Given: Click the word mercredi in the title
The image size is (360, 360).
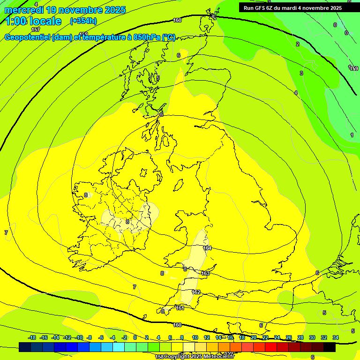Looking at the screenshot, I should [x=24, y=9].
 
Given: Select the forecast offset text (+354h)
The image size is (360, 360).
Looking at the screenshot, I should [x=83, y=21].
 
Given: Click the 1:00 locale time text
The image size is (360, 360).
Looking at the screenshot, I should [x=33, y=21].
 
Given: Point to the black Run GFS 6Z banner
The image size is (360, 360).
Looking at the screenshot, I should [x=299, y=7].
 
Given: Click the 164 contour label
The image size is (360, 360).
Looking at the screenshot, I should [x=207, y=248].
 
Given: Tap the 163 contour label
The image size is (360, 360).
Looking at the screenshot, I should [x=205, y=273].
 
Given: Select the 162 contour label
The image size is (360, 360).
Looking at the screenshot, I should [x=196, y=292].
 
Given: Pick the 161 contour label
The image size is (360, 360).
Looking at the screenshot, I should [x=180, y=308].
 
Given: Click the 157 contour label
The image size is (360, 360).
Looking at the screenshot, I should [x=36, y=30].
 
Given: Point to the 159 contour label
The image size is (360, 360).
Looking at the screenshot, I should [x=354, y=68].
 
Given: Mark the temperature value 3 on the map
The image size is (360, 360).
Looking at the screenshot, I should [x=301, y=73].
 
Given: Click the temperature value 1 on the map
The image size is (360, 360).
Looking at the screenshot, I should [x=352, y=135].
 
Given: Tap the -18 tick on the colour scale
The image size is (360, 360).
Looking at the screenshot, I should [x=32, y=337].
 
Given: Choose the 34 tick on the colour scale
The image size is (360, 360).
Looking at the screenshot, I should [x=336, y=337].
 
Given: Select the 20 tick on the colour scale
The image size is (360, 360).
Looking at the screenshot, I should [x=253, y=337].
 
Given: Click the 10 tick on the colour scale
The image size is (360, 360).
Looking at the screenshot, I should [x=195, y=337].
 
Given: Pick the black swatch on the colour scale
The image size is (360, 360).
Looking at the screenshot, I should [x=330, y=347].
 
